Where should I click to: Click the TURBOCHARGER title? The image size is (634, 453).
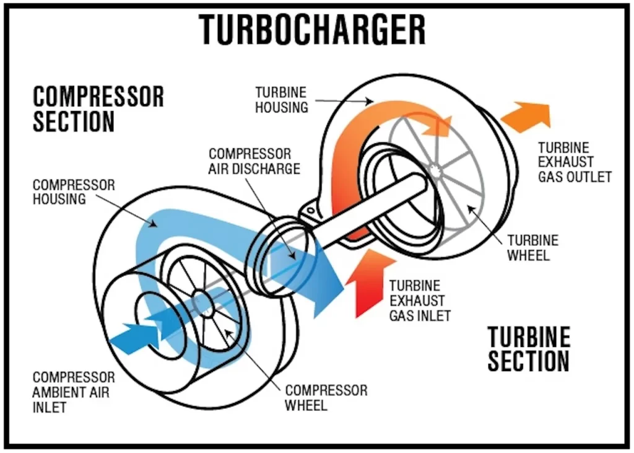pyautogui.click(x=313, y=29)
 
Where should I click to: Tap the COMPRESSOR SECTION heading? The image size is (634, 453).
pyautogui.click(x=98, y=109)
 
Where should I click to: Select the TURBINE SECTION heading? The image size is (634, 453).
pyautogui.click(x=528, y=349)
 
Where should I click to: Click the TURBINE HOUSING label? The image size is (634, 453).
pyautogui.click(x=282, y=99)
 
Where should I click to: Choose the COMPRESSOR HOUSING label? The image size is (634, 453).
pyautogui.click(x=74, y=191)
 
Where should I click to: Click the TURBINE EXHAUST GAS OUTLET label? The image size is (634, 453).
pyautogui.click(x=574, y=162)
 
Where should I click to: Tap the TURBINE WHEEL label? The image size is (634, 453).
pyautogui.click(x=532, y=247)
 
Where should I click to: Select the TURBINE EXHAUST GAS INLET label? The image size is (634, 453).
pyautogui.click(x=419, y=300)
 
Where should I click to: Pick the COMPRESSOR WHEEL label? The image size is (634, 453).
pyautogui.click(x=326, y=397)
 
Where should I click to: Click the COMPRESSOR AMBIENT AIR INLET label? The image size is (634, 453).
pyautogui.click(x=74, y=392)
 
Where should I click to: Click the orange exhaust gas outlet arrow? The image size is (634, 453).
pyautogui.click(x=527, y=116)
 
